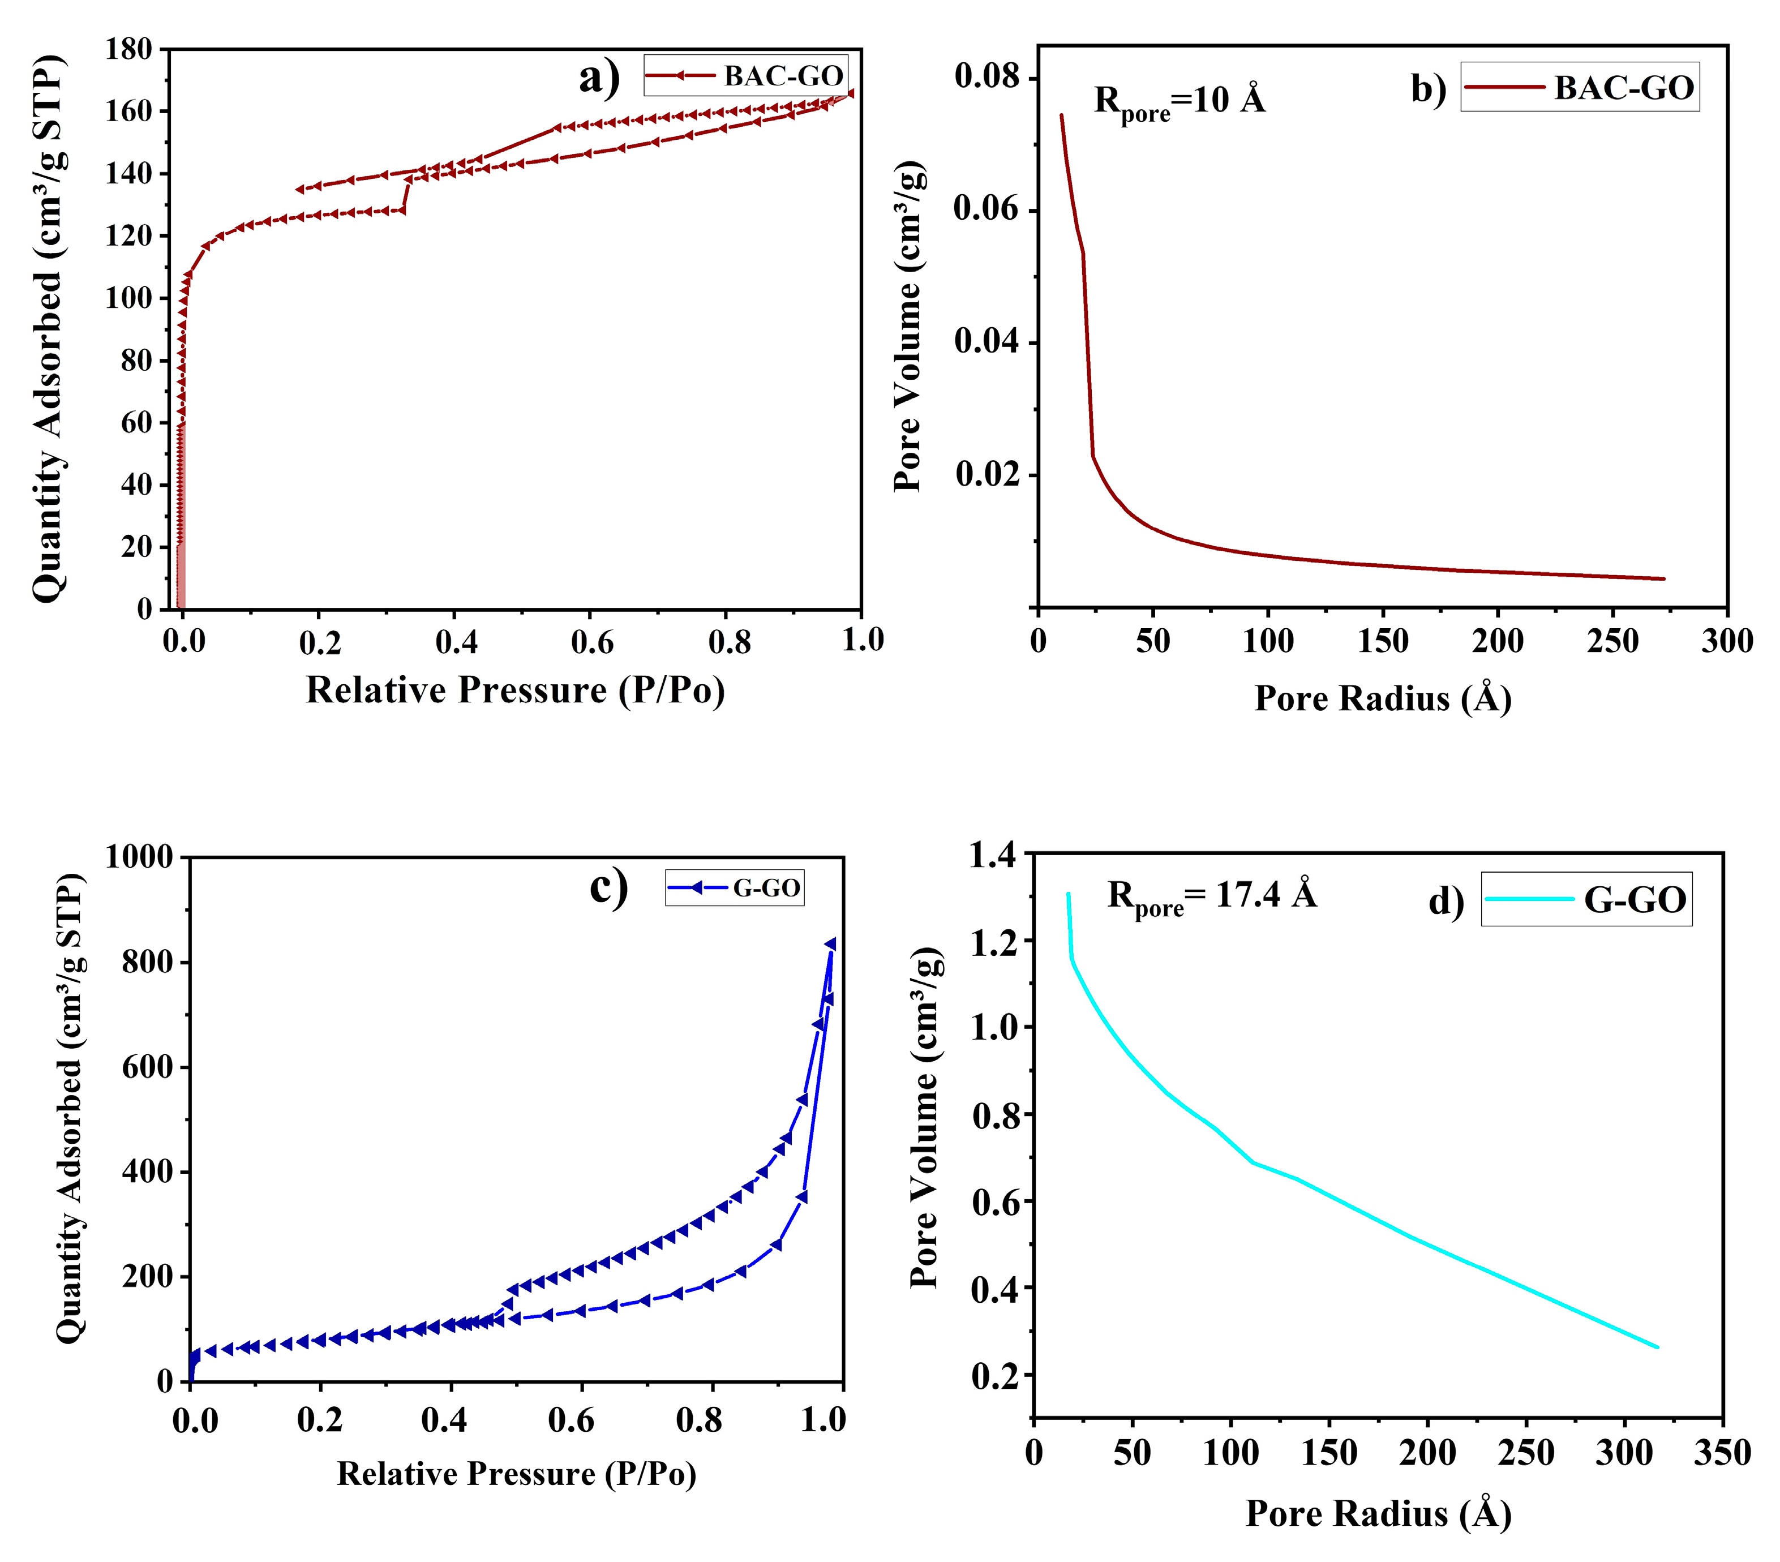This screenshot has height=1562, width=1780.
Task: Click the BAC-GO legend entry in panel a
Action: [x=745, y=76]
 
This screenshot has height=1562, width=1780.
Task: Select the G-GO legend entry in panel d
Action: [x=1586, y=899]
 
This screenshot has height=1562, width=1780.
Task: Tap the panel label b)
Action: [x=1428, y=89]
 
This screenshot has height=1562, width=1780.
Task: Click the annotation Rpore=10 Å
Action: [x=1179, y=101]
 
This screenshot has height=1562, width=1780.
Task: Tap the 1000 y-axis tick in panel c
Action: [x=139, y=857]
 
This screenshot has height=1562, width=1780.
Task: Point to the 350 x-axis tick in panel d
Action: [x=1722, y=1453]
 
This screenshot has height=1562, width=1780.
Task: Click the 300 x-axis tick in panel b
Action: [x=1727, y=642]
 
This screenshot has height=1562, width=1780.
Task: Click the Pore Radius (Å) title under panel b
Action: [x=1382, y=699]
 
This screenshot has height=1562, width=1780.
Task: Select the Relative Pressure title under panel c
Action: [x=516, y=1474]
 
